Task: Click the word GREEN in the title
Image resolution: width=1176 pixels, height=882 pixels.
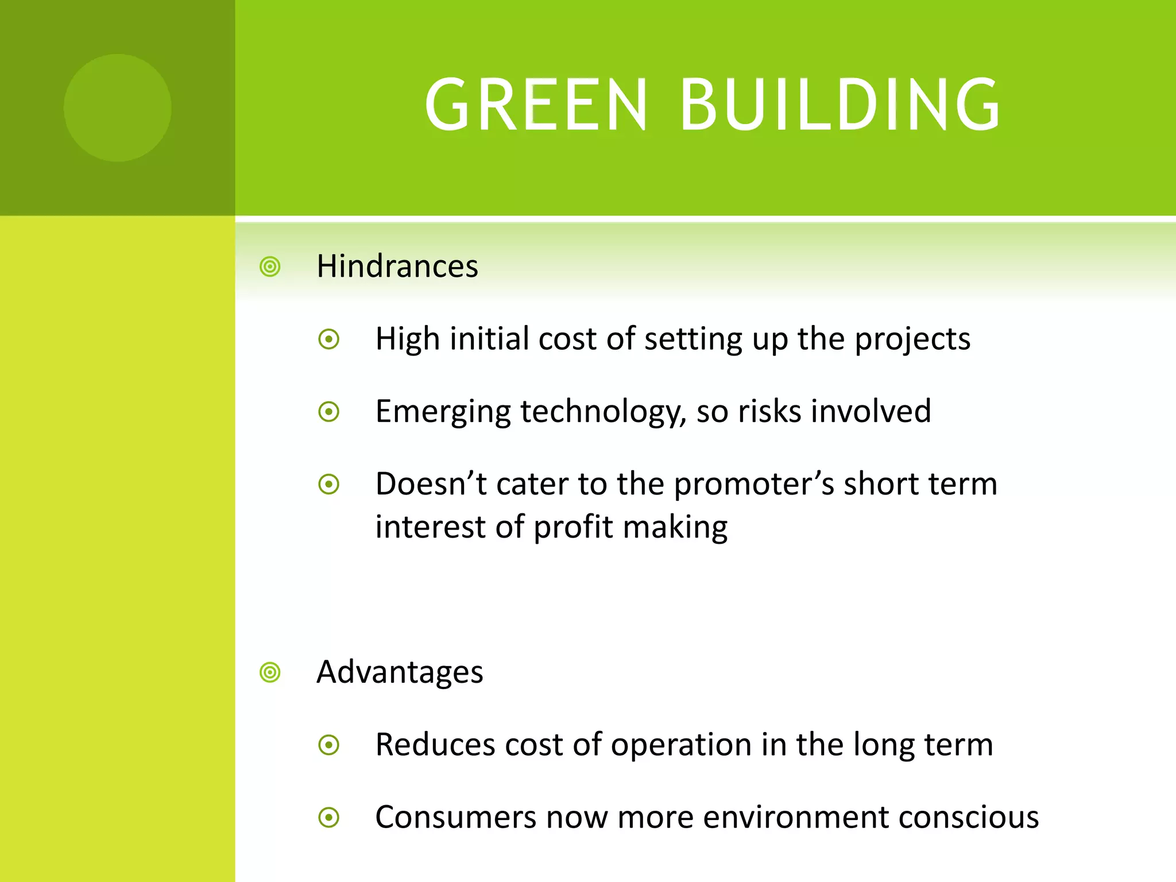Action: [x=536, y=105]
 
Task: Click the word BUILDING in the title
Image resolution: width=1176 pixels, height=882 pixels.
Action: [x=840, y=105]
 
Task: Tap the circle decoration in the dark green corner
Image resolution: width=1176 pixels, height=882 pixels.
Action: [x=118, y=108]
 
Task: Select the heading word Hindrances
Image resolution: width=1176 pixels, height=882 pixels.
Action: [x=397, y=266]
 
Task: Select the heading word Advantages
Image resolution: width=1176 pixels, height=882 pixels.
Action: [x=400, y=672]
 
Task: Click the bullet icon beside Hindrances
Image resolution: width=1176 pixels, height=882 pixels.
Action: [x=270, y=267]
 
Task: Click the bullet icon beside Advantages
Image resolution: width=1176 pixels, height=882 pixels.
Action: [x=270, y=672]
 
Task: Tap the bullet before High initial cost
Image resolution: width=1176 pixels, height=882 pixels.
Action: [x=329, y=339]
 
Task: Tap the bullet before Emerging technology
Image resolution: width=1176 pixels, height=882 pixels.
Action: [x=329, y=412]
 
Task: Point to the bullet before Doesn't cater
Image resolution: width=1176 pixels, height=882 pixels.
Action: [x=329, y=484]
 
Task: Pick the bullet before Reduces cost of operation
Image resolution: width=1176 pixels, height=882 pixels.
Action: [x=329, y=745]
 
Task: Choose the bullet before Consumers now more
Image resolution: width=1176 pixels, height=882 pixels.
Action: [x=329, y=818]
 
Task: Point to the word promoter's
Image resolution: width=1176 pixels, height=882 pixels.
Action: [x=753, y=485]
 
